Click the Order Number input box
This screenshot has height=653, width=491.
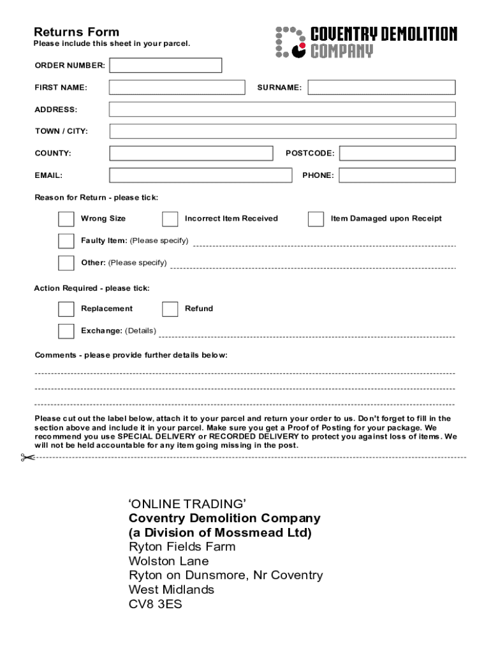166,66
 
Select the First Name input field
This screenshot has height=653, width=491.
177,87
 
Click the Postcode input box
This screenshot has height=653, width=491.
397,153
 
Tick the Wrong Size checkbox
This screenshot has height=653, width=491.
66,219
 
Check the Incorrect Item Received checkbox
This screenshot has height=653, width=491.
170,219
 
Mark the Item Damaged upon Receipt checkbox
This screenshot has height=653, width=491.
316,219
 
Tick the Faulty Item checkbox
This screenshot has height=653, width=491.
66,241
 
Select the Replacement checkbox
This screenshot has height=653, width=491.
66,309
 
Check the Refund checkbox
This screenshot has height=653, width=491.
170,309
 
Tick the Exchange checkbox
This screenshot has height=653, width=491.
66,331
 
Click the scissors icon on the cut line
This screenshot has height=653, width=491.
27,457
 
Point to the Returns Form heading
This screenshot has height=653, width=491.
76,32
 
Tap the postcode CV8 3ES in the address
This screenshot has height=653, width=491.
155,604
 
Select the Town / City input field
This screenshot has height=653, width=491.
282,131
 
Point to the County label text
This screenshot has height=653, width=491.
53,154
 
